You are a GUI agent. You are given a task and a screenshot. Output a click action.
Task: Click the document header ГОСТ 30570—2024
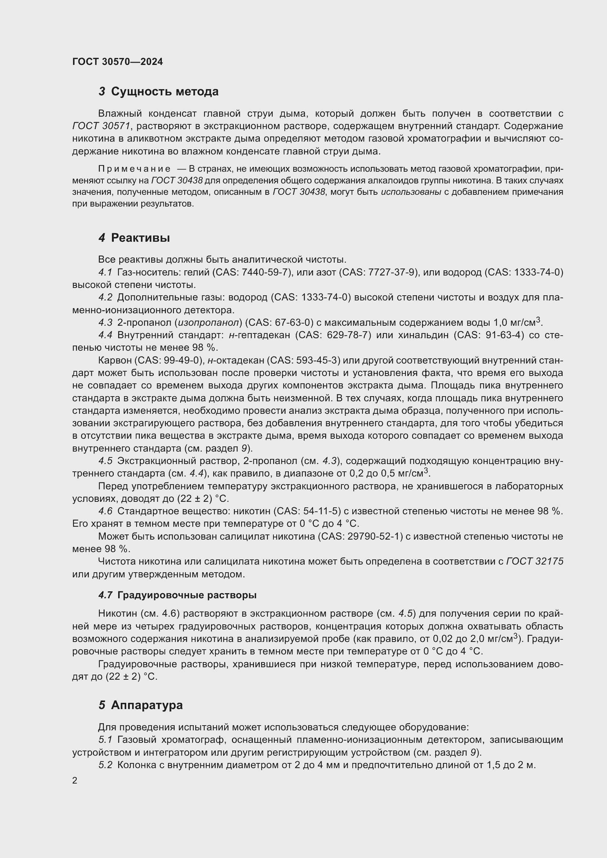coord(117,62)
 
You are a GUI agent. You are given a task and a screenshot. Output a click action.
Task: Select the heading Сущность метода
coord(164,92)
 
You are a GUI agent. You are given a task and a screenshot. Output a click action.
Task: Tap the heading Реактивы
coord(140,238)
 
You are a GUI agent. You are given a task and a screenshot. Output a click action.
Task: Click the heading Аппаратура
coord(146,705)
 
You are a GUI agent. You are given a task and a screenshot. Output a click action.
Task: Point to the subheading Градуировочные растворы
coord(187,595)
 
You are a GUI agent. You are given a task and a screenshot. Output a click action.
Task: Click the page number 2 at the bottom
coord(75,781)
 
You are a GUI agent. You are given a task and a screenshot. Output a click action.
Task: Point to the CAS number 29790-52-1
coord(373,536)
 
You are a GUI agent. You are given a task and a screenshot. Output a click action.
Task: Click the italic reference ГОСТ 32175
coord(534,561)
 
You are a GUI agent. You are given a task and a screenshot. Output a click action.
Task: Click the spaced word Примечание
coord(134,169)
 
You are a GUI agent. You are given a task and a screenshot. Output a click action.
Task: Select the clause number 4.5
coord(105,461)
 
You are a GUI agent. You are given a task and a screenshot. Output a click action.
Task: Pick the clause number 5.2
coord(105,765)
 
